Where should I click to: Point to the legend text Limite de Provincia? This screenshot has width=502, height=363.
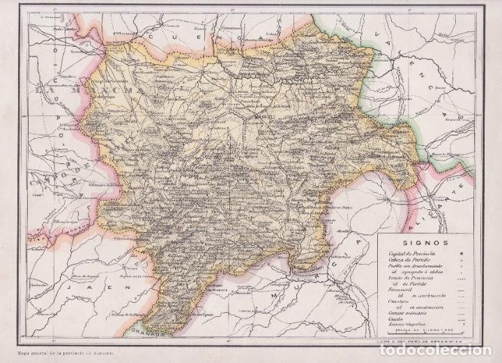(x=402, y=281)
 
